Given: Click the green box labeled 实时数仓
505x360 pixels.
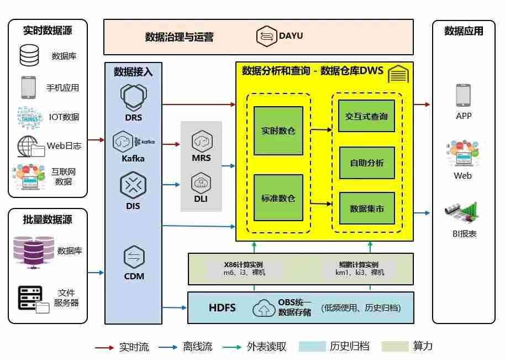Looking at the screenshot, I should [278, 131].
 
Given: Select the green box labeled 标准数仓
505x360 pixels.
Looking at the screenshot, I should [278, 198].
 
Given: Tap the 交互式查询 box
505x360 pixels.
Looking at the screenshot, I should [366, 116].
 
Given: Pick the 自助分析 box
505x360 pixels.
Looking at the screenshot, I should [366, 163].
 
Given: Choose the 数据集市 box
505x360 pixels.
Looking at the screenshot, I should [366, 208].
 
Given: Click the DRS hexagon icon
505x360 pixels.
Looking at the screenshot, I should [133, 97].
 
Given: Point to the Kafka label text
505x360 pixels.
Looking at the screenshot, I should [133, 159].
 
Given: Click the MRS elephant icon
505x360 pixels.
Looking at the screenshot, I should [202, 142].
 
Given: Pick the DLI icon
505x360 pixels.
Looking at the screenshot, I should [201, 182].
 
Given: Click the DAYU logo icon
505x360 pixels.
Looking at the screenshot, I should [267, 36].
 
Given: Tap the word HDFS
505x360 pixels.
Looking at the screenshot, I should [222, 308].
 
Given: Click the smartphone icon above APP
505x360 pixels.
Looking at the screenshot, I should [463, 96].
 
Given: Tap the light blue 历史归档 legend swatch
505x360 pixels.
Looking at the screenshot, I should [311, 347].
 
